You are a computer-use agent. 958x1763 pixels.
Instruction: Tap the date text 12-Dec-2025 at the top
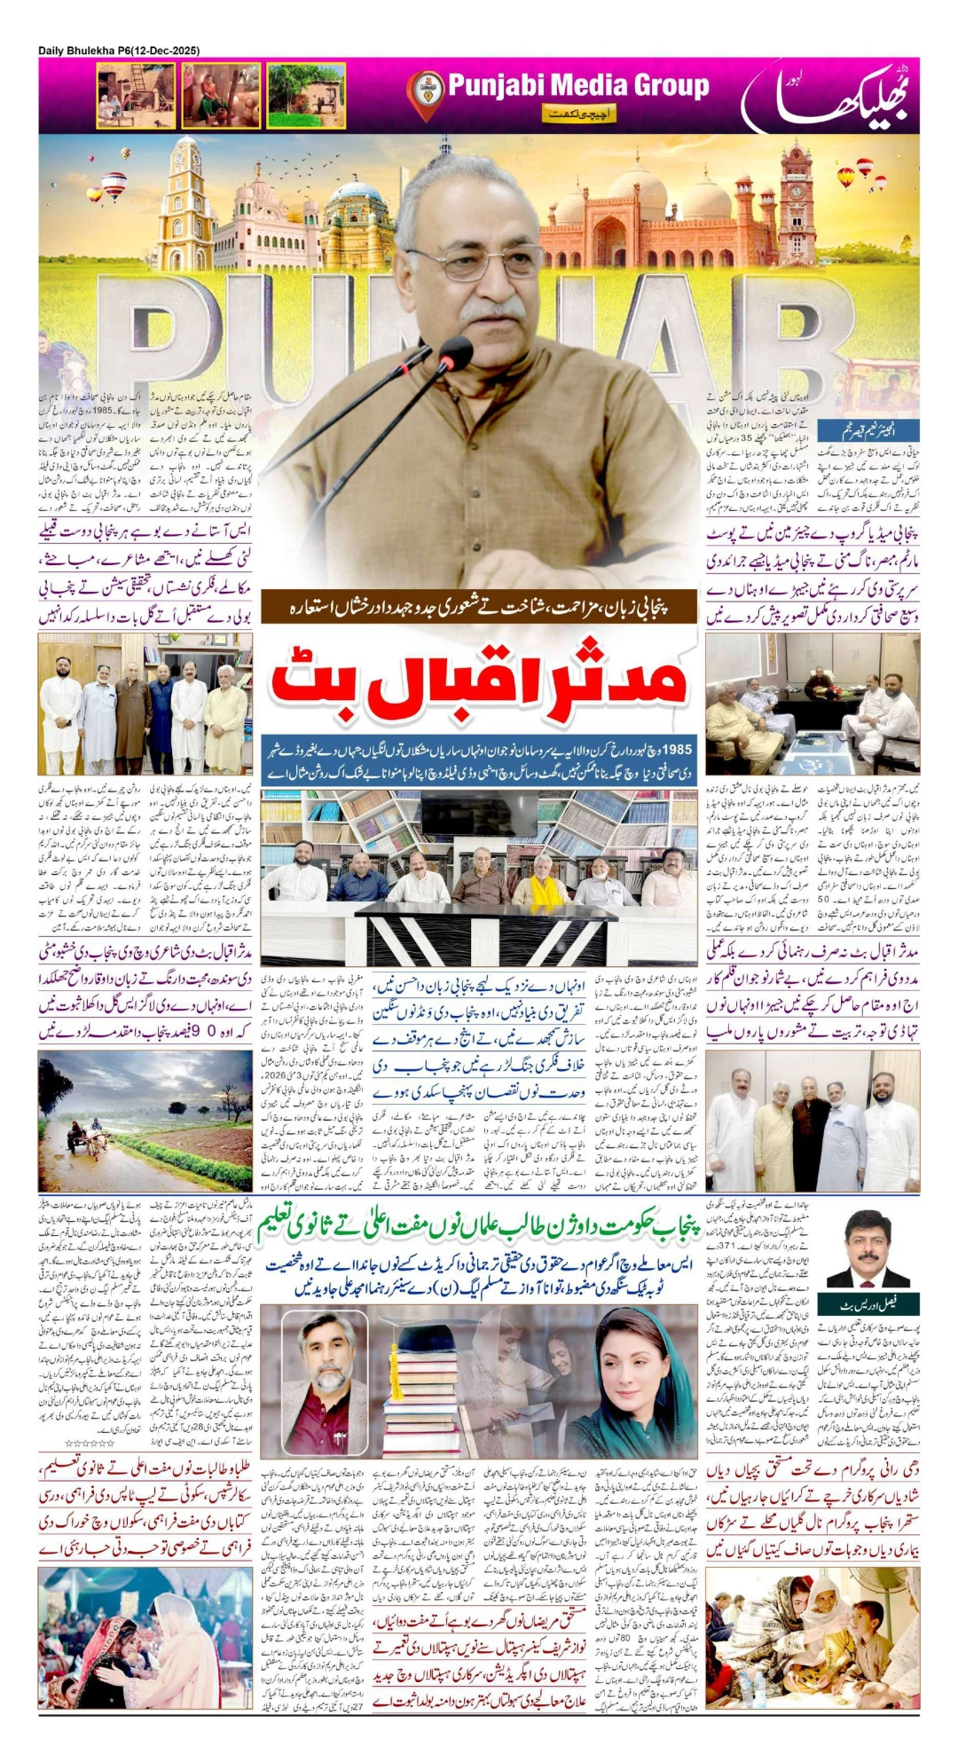click(x=165, y=51)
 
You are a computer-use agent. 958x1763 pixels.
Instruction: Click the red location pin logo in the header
click(x=425, y=92)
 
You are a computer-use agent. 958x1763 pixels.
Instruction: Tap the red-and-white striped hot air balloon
click(x=114, y=186)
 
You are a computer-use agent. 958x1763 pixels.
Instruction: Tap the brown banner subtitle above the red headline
click(x=480, y=606)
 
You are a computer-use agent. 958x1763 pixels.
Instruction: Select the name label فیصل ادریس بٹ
click(x=868, y=1304)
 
